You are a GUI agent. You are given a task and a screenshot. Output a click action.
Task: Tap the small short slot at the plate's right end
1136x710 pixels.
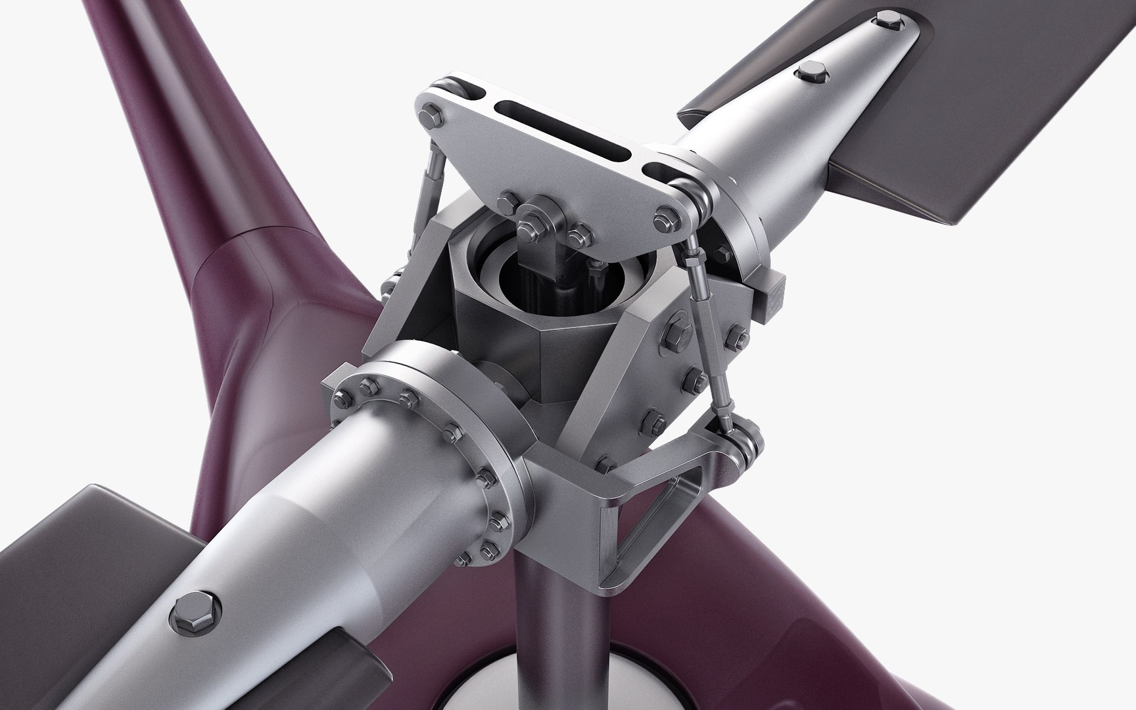point(657,172)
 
